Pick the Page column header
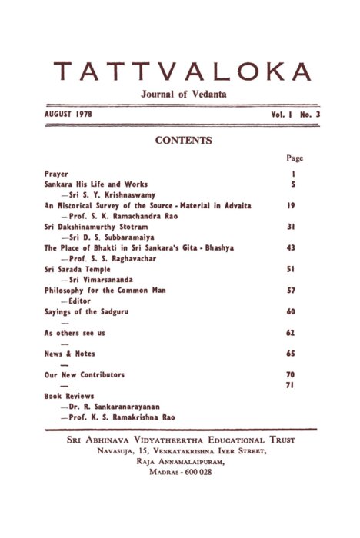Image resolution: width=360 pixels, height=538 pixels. (x=294, y=158)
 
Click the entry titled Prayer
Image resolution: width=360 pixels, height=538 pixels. (x=57, y=174)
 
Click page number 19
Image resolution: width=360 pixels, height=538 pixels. (x=293, y=206)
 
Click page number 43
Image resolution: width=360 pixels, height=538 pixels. (x=293, y=248)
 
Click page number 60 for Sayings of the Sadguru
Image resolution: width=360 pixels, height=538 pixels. (x=293, y=312)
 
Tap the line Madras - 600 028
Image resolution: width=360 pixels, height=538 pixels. (x=180, y=472)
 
